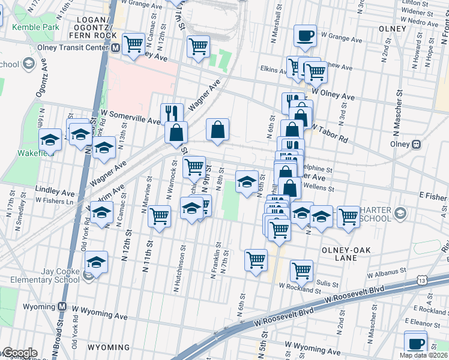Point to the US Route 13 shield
[423, 280]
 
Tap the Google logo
[20, 353]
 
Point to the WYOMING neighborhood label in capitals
[109, 347]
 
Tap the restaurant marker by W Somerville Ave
[172, 112]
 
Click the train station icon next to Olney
[415, 144]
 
